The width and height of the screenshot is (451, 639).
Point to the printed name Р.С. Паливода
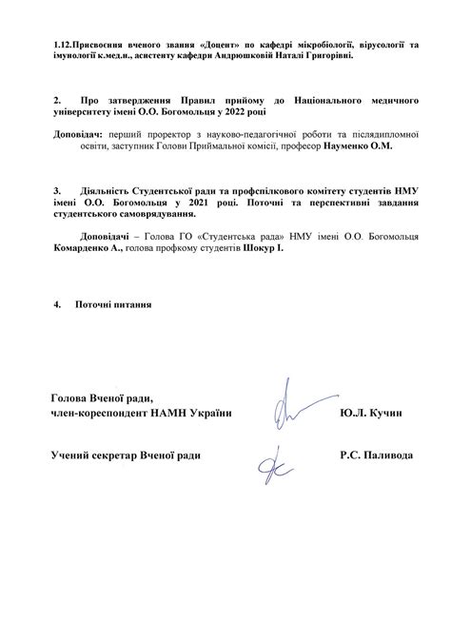(x=376, y=456)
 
